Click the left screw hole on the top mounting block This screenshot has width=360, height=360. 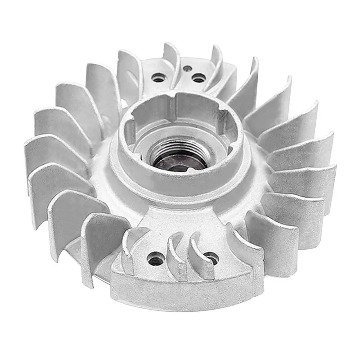(x=158, y=78)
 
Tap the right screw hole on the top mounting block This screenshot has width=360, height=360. (x=198, y=78)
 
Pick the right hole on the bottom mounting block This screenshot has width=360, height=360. (x=211, y=257)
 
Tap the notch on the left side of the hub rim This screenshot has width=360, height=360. (x=129, y=130)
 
